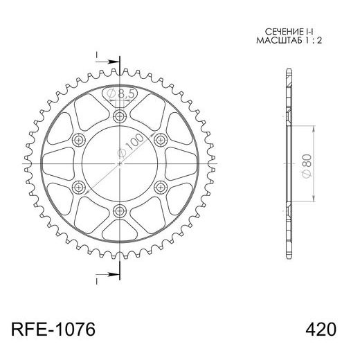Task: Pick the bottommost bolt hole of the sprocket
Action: pos(119,211)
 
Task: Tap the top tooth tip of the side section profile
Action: pos(286,71)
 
